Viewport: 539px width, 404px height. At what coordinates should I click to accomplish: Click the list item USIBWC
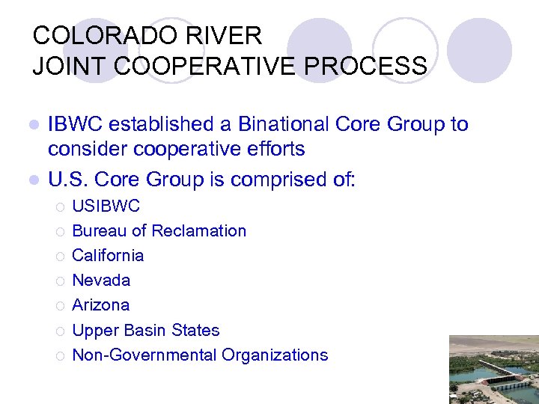click(106, 206)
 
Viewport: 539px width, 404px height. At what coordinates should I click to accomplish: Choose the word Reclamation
click(198, 230)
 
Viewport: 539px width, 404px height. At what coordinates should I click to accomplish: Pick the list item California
click(108, 255)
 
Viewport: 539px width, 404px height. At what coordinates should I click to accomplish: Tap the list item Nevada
click(101, 280)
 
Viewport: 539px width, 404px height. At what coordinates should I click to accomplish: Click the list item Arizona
click(100, 304)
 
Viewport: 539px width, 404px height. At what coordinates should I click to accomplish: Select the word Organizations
click(275, 355)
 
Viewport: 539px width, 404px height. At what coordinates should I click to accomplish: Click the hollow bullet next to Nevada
click(58, 281)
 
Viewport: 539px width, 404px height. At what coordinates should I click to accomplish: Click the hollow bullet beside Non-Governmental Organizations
click(58, 356)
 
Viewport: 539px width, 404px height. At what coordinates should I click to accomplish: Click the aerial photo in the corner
click(493, 370)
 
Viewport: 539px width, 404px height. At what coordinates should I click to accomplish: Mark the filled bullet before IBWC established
click(31, 125)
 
